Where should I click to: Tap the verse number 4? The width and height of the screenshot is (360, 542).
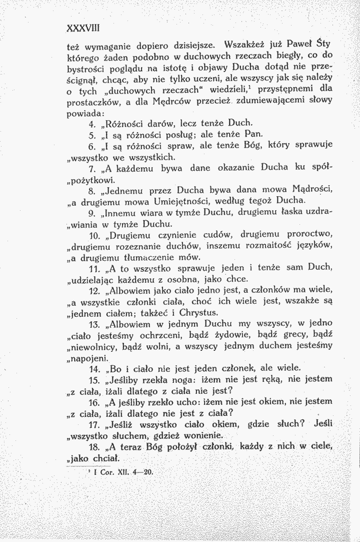(x=90, y=123)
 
